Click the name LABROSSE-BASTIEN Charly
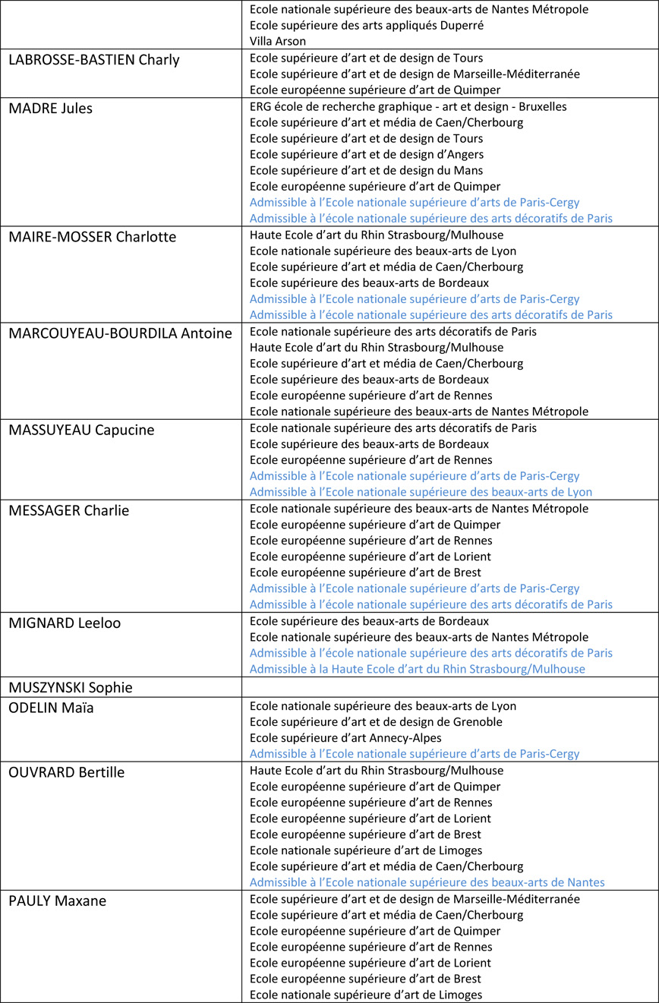(x=94, y=59)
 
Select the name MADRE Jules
(x=51, y=109)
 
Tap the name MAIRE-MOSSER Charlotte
(x=92, y=237)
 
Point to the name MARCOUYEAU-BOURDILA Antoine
(x=120, y=333)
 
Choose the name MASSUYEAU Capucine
(x=81, y=430)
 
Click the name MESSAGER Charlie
(x=69, y=510)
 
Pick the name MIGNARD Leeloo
(x=65, y=623)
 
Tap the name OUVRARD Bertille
(x=67, y=772)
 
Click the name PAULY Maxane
(x=58, y=901)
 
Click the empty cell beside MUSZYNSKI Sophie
(x=449, y=688)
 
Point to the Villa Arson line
(x=278, y=42)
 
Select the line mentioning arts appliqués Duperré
(x=367, y=26)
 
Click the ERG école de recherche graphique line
(x=408, y=107)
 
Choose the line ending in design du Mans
(x=366, y=171)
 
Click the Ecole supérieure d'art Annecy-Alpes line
(x=345, y=738)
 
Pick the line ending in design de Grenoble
(x=376, y=722)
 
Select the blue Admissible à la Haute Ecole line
(x=418, y=669)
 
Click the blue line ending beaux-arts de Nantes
(x=427, y=882)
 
